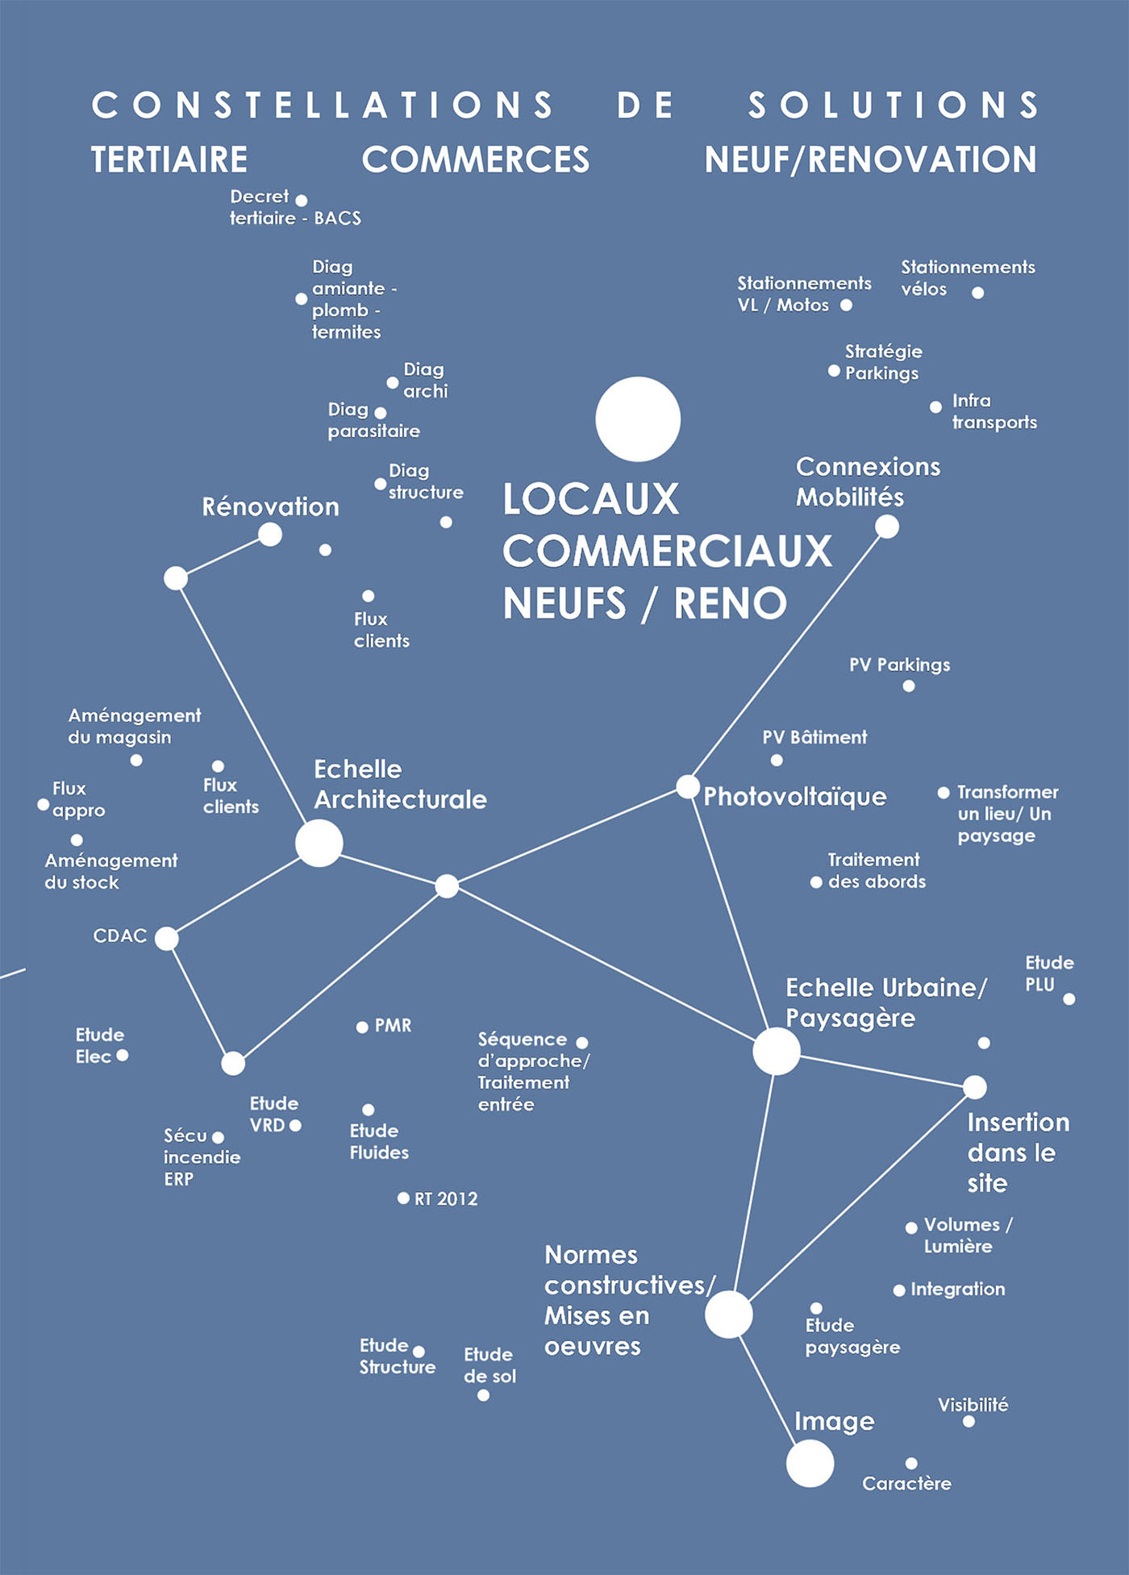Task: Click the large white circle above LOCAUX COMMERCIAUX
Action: pos(638,419)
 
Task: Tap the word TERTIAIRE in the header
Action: pos(169,160)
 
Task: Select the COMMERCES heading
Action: pos(476,160)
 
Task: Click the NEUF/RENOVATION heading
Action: pos(871,160)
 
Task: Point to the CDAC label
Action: pos(120,935)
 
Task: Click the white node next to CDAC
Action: pos(166,939)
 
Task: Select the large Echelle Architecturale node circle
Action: pos(319,844)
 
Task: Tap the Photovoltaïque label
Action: pos(795,797)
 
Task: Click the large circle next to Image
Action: pos(810,1464)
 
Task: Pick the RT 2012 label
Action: pos(446,1199)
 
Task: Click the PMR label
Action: pos(394,1026)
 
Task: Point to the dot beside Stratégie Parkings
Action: pos(834,371)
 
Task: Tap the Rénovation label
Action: pos(271,506)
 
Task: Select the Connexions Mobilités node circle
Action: pos(887,527)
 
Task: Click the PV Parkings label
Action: pos(899,665)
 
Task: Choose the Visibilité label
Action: pos(973,1405)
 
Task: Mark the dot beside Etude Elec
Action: pos(123,1055)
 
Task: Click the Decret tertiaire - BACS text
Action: pos(295,207)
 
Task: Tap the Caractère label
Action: pos(906,1483)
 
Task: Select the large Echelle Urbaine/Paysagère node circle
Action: pos(776,1052)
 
